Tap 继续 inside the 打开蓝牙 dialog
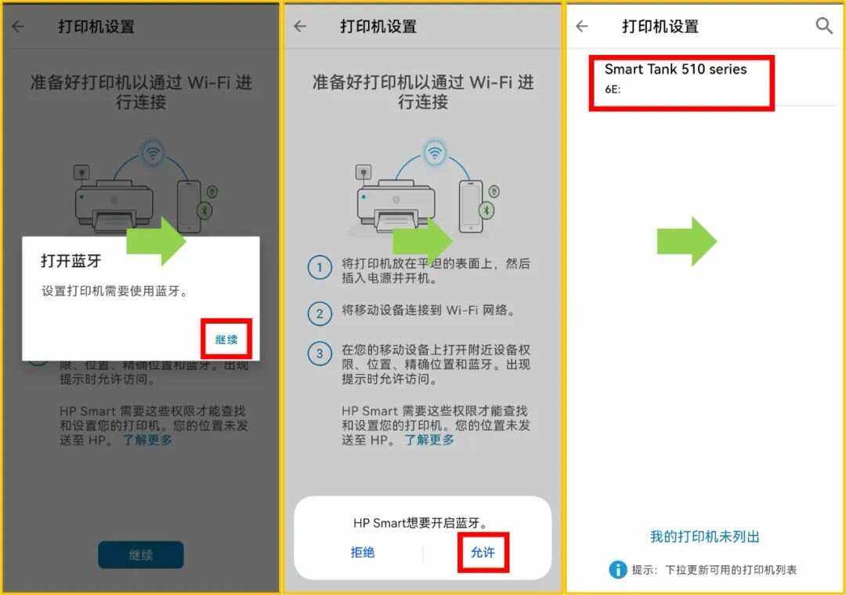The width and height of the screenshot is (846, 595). coord(226,339)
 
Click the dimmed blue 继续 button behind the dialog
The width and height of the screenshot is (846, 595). coord(141,555)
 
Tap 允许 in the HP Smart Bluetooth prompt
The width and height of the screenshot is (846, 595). coord(483,553)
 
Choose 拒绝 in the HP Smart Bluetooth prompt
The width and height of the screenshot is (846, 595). coord(363,553)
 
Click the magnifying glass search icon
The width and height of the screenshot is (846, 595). coord(824,26)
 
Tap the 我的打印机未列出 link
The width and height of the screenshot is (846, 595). coord(705,537)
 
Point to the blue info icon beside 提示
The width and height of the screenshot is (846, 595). coord(618,570)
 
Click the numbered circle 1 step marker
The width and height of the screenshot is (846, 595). coord(319,268)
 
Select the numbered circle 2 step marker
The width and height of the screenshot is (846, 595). coord(319,314)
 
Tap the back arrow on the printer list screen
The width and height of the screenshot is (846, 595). coord(581,26)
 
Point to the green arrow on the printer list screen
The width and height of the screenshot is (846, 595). coord(686,241)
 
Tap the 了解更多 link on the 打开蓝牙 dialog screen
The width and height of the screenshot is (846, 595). coord(147,440)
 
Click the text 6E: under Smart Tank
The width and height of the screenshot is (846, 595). coord(613,89)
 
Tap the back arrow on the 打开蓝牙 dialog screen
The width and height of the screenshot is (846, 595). coord(17,26)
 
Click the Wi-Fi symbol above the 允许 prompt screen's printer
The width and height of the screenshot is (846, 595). coord(435,151)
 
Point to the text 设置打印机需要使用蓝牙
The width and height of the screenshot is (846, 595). coord(115,292)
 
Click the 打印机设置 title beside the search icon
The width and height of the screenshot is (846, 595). coord(660,26)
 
